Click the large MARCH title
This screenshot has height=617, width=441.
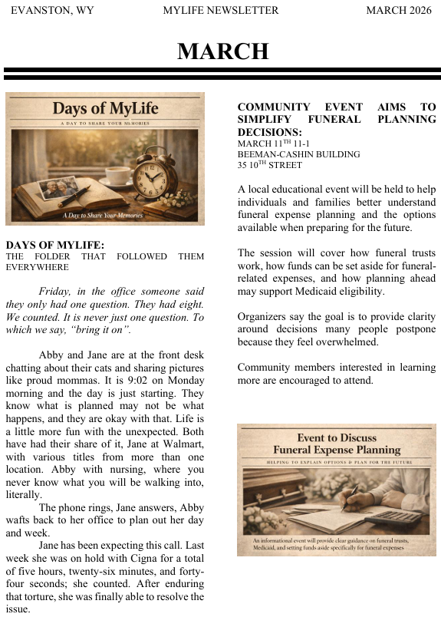(222, 51)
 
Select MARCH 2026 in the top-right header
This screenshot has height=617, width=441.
(399, 10)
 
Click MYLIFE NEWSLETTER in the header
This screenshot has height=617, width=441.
(221, 10)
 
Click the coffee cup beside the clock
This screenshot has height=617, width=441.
(119, 175)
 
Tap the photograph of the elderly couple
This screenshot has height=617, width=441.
(60, 187)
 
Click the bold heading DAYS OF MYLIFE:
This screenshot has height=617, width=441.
(54, 245)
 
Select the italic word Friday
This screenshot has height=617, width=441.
(54, 292)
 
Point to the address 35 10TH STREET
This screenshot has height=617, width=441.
(270, 165)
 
